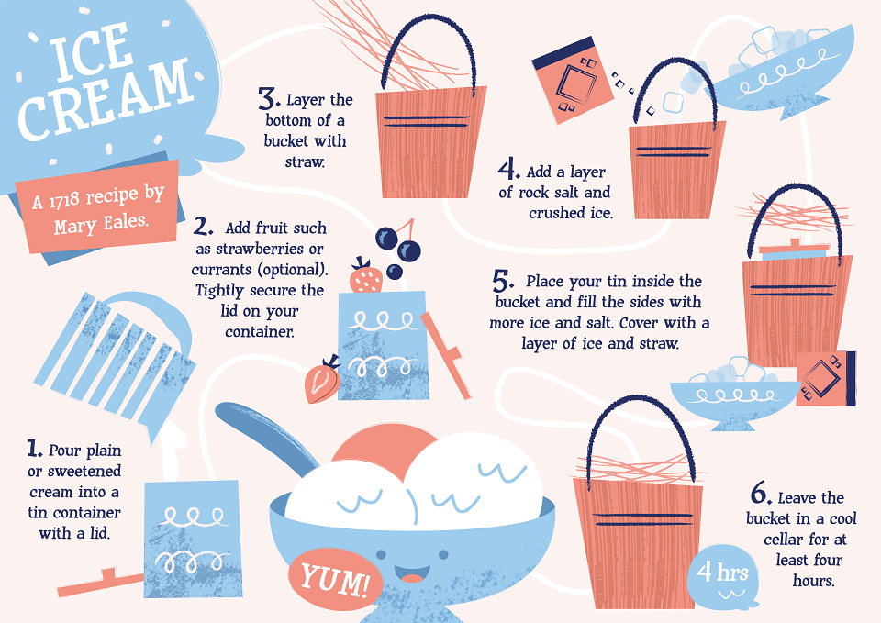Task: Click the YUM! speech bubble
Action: (x=336, y=579)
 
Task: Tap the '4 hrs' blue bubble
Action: (x=722, y=577)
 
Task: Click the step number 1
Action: (x=35, y=449)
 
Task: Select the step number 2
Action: (x=203, y=226)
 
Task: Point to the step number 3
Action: (x=269, y=98)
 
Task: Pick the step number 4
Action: (x=508, y=169)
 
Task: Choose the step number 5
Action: (x=503, y=280)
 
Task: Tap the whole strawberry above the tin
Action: (x=366, y=276)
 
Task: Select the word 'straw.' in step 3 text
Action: (x=305, y=162)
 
